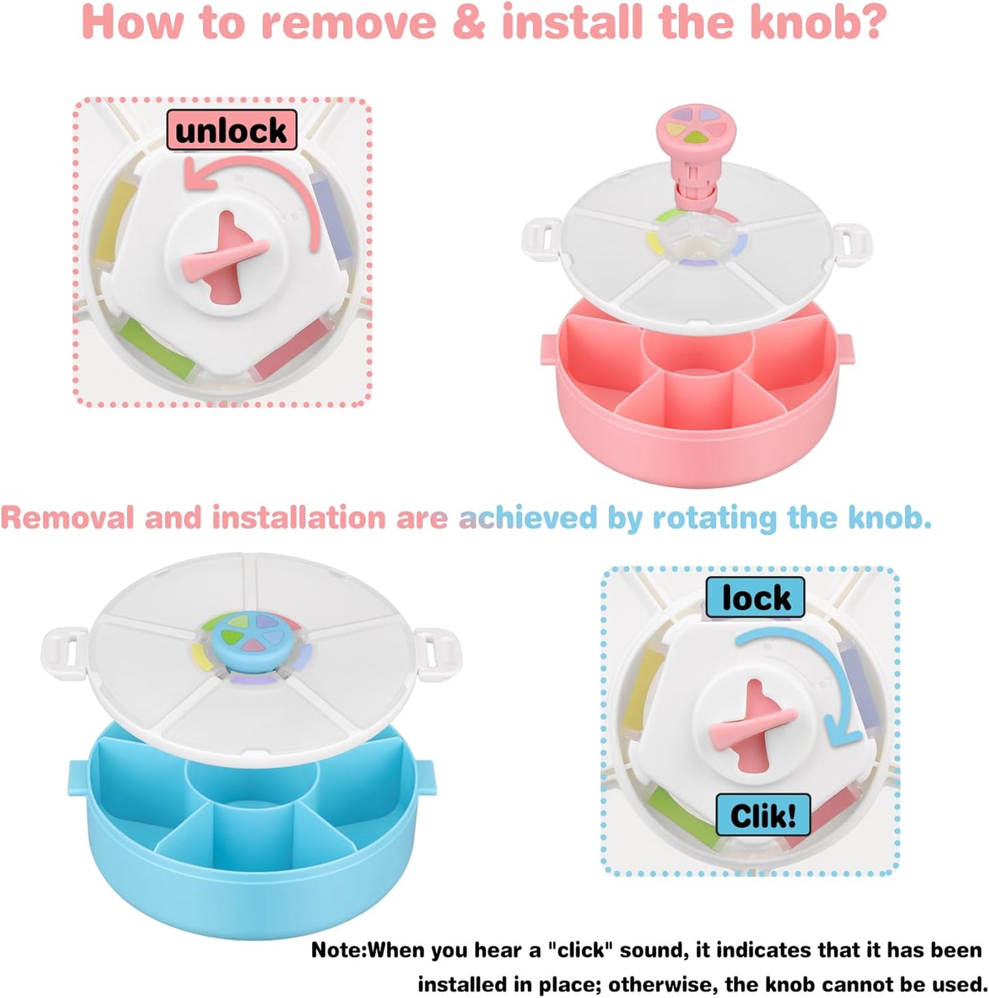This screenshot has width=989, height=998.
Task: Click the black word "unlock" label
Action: [231, 130]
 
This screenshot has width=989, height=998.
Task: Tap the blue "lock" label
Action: [756, 598]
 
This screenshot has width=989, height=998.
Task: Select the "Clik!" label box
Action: [762, 815]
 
